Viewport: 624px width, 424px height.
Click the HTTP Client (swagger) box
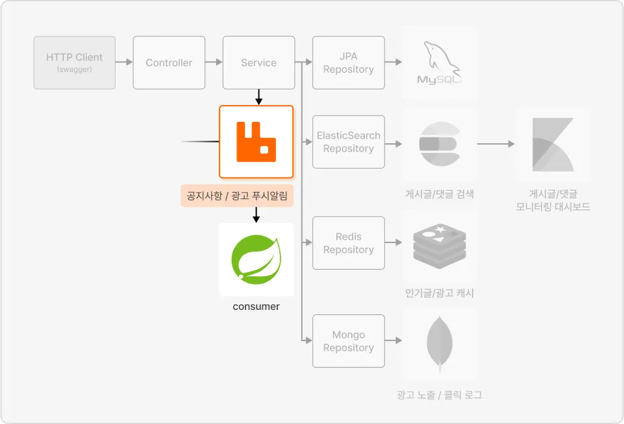(75, 63)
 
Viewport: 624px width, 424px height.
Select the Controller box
(169, 63)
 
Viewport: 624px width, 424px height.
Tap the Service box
(258, 63)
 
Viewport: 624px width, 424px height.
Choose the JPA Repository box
(349, 63)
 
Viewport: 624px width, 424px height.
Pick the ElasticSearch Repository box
(349, 142)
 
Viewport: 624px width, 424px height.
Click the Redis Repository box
(349, 243)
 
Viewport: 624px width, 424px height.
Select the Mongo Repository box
(349, 341)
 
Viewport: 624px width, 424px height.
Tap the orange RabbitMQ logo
(256, 142)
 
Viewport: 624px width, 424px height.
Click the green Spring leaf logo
(256, 259)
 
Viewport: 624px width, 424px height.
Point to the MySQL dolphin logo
(440, 63)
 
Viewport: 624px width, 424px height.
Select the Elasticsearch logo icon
(440, 144)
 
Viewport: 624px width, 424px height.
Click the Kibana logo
(553, 144)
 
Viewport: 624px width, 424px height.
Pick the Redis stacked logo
(440, 246)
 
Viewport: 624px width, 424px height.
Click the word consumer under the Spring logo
(256, 307)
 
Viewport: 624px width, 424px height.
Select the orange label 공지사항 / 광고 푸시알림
(237, 196)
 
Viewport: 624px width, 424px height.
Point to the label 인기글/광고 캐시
(440, 293)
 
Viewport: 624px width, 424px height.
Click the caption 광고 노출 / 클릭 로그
(440, 395)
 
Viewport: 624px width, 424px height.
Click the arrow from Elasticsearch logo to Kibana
(496, 144)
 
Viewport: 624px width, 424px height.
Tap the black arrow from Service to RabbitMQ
(258, 97)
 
